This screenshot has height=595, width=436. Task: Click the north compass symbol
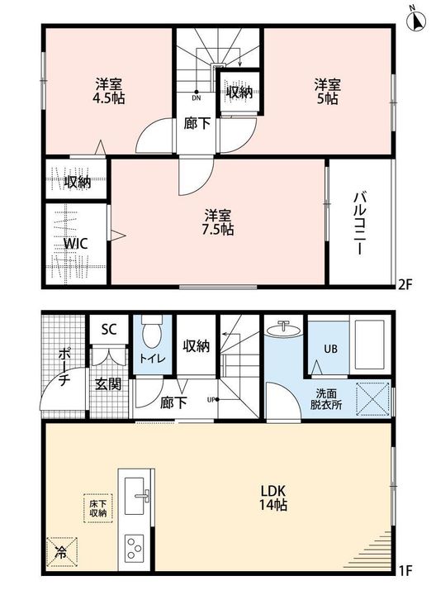pos(416,20)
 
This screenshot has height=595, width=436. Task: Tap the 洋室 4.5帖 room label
pos(109,91)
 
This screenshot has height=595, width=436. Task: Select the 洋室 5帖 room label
pos(328,92)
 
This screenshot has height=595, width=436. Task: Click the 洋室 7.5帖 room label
pos(218,222)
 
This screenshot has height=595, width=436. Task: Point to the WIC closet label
pos(75,243)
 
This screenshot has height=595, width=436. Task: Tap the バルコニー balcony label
pos(359,223)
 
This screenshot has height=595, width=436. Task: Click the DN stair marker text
pos(196,98)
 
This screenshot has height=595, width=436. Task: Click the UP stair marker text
pos(211,399)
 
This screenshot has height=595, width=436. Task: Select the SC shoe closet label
pos(109,329)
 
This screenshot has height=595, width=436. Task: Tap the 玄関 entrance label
pos(108,384)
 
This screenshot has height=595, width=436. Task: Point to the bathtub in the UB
pos(369,345)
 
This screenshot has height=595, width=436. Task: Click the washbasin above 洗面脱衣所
pos(284,328)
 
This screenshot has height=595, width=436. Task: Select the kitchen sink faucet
pos(143,496)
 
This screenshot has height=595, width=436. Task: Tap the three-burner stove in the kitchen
pos(135,547)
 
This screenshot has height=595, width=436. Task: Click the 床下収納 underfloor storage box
pos(97,508)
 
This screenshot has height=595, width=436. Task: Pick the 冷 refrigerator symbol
pos(62,552)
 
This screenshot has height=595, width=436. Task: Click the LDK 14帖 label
pos(273,497)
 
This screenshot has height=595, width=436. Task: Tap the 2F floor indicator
pos(405,284)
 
